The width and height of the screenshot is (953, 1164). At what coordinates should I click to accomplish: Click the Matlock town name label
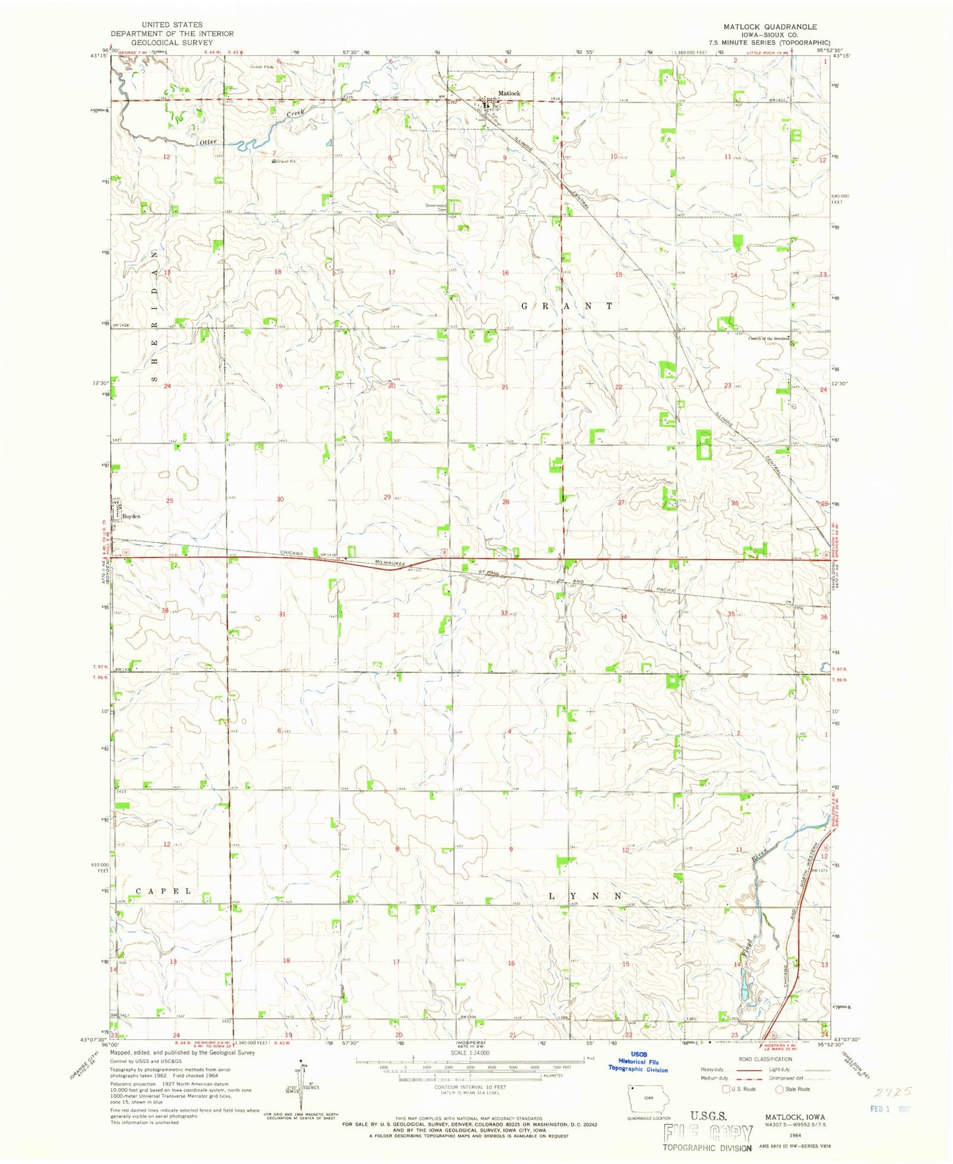[509, 93]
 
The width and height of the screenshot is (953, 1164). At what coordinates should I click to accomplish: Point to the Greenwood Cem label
[437, 207]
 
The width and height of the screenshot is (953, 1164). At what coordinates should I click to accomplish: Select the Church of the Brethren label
[768, 339]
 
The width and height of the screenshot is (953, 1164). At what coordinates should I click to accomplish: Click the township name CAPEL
[164, 891]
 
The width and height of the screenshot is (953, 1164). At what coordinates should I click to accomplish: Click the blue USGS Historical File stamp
[638, 1080]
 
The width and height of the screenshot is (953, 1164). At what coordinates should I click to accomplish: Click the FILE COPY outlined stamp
[708, 1133]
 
